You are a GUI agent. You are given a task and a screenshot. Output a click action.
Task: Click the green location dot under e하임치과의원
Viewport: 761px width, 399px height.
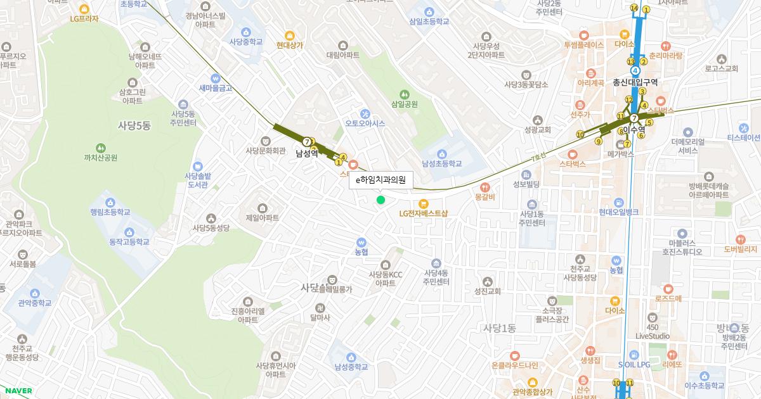click(x=380, y=200)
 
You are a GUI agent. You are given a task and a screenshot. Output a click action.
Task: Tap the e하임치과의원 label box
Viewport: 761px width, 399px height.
click(x=380, y=180)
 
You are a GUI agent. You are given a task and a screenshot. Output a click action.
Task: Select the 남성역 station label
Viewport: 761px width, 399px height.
click(x=306, y=153)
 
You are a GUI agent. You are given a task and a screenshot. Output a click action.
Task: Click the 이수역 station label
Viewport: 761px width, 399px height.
click(x=634, y=129)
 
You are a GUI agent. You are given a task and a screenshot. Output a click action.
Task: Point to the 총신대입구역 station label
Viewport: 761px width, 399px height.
click(x=635, y=82)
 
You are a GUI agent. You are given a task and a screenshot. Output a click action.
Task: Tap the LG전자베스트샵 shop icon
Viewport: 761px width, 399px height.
click(x=424, y=203)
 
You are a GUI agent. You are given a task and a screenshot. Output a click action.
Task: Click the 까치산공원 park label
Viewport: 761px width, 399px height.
click(x=100, y=158)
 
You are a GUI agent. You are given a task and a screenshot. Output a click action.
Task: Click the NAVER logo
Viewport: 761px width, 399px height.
click(x=18, y=391)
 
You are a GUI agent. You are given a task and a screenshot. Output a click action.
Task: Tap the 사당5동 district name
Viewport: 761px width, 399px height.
click(x=134, y=125)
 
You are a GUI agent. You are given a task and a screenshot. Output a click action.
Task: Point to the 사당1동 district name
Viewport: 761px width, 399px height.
click(x=500, y=328)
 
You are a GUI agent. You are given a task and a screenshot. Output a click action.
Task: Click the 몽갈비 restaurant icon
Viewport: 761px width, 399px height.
click(x=485, y=187)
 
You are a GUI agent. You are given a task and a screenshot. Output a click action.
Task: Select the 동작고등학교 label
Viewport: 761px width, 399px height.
click(x=129, y=242)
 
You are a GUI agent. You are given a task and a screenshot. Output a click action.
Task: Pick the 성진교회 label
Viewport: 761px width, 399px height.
click(x=487, y=291)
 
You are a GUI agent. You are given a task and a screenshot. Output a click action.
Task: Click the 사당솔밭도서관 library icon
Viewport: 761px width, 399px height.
click(x=197, y=165)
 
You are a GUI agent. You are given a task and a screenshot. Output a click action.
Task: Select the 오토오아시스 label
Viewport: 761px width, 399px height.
click(x=365, y=123)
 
